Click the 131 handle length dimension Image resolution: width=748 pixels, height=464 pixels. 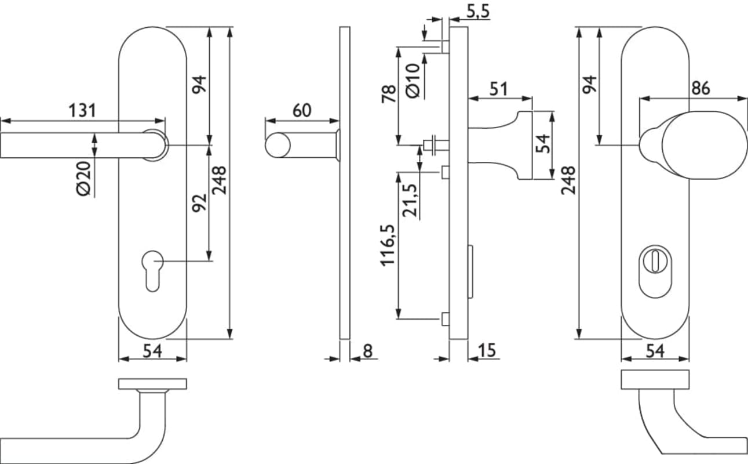click(x=82, y=111)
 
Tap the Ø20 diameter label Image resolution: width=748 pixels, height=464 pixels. click(x=83, y=178)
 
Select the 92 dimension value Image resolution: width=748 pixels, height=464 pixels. click(x=199, y=203)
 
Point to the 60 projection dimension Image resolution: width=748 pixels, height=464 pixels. click(x=302, y=111)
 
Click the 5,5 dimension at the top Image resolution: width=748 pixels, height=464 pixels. click(x=478, y=12)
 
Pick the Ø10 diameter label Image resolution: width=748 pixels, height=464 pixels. click(x=413, y=81)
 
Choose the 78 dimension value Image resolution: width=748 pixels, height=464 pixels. click(x=389, y=94)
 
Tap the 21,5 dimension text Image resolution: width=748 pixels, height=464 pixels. click(x=410, y=201)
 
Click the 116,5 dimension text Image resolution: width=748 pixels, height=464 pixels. click(x=388, y=245)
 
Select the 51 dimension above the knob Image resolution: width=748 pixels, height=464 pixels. click(x=498, y=89)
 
